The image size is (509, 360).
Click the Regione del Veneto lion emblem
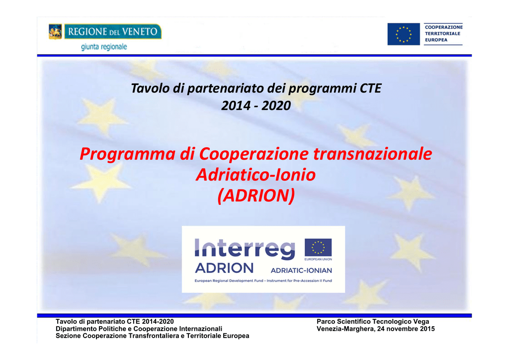click(x=55, y=31)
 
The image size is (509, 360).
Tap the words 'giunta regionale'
click(x=104, y=47)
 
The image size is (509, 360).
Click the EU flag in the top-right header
click(x=404, y=34)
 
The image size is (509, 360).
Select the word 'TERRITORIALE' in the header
click(x=442, y=33)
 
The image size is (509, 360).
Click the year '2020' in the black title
click(x=276, y=105)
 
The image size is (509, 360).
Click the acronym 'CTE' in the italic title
click(x=370, y=89)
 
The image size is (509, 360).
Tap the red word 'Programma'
click(x=128, y=154)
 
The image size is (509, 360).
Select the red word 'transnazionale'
click(x=373, y=154)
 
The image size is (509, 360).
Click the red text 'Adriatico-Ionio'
click(x=256, y=175)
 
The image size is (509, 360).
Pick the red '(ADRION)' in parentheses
click(x=256, y=195)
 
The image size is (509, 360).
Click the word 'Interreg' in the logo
click(x=245, y=249)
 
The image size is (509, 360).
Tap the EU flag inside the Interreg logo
click(x=318, y=247)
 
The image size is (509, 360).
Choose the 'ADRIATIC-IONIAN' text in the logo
click(x=301, y=270)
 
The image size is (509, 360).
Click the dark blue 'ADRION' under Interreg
click(x=224, y=268)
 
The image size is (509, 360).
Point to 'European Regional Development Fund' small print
click(x=229, y=281)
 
